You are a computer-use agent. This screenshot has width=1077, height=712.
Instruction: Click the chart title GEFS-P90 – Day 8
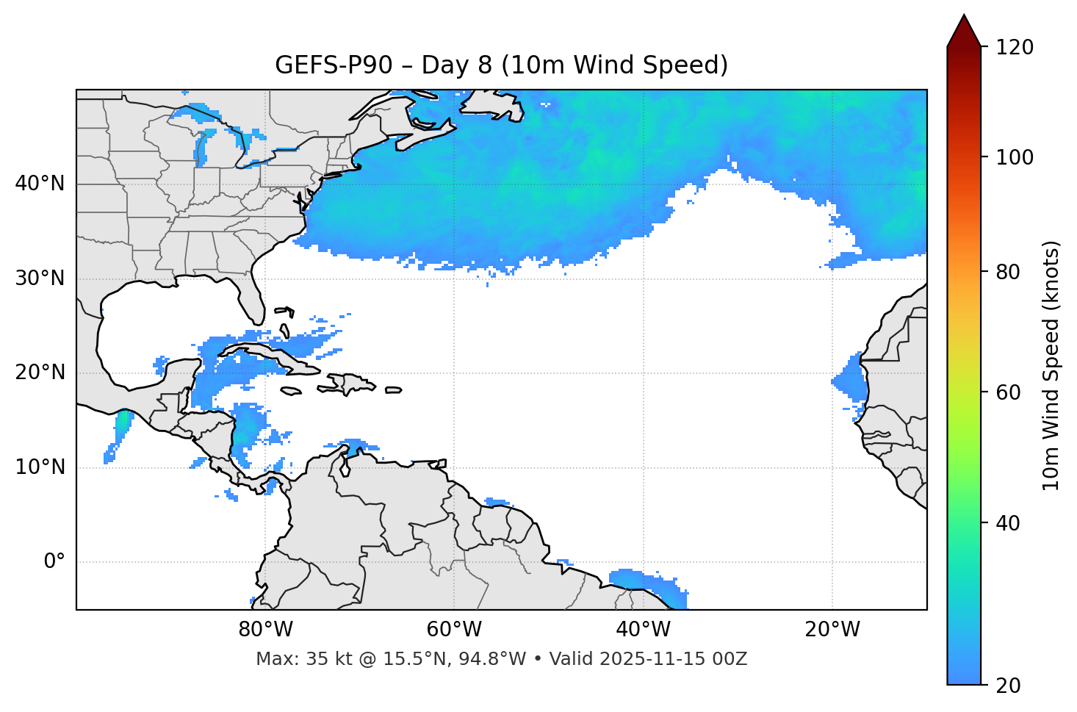point(501,65)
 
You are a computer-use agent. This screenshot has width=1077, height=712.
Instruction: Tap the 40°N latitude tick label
point(40,184)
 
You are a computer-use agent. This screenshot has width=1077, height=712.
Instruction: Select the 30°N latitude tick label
point(40,278)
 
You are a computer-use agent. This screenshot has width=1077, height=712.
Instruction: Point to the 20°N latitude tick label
point(40,373)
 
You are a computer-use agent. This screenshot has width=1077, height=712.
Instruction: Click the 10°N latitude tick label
point(40,467)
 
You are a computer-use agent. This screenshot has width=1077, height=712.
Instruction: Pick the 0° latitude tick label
point(54,562)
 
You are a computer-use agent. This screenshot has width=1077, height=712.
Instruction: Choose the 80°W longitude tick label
point(265,630)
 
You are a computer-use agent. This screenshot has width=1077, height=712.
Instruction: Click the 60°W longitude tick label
point(454,630)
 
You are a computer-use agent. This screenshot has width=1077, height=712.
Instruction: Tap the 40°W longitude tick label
point(643,630)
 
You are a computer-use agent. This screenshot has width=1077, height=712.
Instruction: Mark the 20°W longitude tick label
point(832,630)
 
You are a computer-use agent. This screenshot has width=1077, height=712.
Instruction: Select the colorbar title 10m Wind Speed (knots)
point(1052,365)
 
